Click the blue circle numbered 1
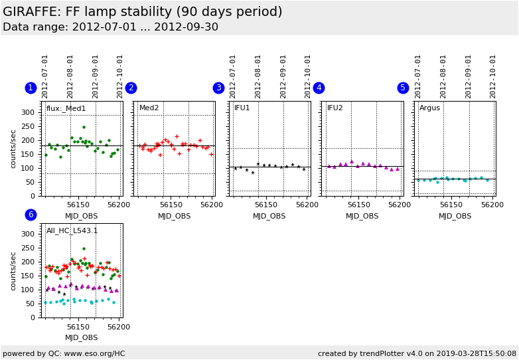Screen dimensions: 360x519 (31, 88)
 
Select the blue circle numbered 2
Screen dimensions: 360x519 (131, 88)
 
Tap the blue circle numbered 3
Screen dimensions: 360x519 (218, 88)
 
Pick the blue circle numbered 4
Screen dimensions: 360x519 (319, 88)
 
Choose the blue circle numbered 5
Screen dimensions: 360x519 (403, 88)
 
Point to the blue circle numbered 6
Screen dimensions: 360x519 (31, 215)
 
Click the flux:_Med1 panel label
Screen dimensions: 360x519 (66, 108)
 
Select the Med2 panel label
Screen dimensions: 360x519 (149, 108)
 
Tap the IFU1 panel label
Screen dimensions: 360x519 (242, 108)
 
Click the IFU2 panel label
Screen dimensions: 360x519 (335, 108)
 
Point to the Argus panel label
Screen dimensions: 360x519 (429, 108)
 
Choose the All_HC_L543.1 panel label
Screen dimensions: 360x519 (72, 231)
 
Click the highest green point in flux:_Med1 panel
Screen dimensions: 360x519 (84, 127)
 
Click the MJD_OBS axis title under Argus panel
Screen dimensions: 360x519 (455, 216)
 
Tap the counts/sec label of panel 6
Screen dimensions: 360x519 (13, 270)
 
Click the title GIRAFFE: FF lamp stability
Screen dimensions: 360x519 (143, 12)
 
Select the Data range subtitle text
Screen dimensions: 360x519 (110, 27)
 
